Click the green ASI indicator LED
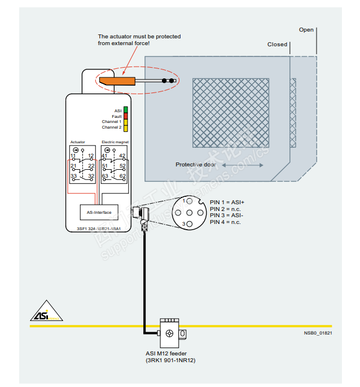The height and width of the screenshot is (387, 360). pos(126,110)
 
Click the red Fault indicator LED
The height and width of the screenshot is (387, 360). pos(126,116)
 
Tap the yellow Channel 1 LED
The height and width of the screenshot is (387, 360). pos(126,122)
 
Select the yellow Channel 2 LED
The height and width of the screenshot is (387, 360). pos(126,128)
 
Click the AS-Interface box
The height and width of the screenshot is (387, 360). pos(99,212)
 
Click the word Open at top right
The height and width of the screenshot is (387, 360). pos(306,30)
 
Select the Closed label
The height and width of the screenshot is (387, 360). pos(277,45)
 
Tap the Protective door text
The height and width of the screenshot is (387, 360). pos(195,165)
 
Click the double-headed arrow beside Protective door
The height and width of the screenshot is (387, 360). pos(242,165)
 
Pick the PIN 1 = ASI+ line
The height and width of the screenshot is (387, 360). pos(227,202)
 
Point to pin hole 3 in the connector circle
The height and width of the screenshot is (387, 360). pos(190,225)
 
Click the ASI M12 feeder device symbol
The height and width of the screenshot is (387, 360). pos(169,333)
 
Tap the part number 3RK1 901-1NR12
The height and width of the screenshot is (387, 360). pos(171,360)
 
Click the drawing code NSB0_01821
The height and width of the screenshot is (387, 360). pos(318,333)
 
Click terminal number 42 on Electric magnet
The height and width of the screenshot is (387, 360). pos(122,156)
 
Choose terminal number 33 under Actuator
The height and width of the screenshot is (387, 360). pos(73,176)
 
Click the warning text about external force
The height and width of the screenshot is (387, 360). pos(139,40)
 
